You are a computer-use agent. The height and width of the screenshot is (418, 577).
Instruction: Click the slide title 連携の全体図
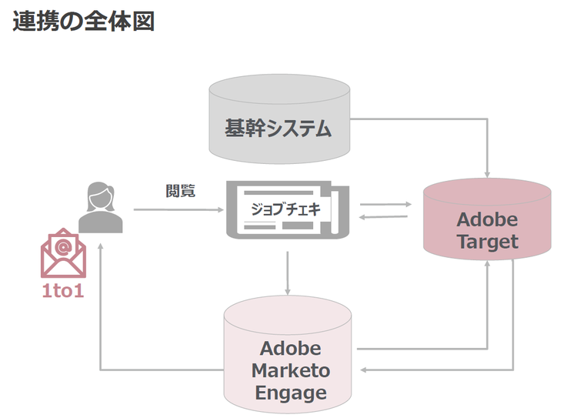point(84,21)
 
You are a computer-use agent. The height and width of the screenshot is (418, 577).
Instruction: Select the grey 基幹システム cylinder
point(278,128)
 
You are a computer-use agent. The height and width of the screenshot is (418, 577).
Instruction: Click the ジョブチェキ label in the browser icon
point(285,209)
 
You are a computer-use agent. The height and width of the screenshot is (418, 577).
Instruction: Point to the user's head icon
point(101,196)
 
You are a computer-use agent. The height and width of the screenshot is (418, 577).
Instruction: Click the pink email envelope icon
point(63,255)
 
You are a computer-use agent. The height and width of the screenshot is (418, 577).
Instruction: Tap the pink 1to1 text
point(63,291)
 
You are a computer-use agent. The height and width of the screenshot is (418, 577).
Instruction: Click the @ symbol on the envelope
point(63,246)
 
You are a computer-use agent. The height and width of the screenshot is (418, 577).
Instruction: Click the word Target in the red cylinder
point(488,242)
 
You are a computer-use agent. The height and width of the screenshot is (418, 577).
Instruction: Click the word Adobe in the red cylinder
point(487,219)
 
